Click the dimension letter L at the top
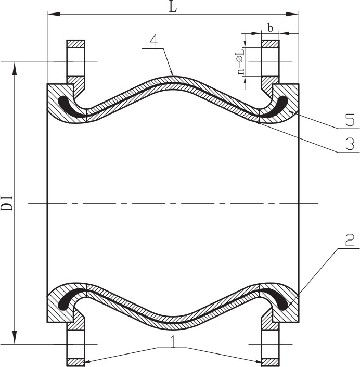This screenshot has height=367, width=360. pyautogui.click(x=173, y=7)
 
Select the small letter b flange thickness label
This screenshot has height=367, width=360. pyautogui.click(x=270, y=28)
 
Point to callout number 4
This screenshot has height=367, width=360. pyautogui.click(x=154, y=41)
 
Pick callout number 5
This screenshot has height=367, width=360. pyautogui.click(x=350, y=121)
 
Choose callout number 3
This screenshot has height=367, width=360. pyautogui.click(x=350, y=144)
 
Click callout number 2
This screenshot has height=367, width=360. pyautogui.click(x=350, y=241)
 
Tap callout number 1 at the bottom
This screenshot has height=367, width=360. pyautogui.click(x=173, y=341)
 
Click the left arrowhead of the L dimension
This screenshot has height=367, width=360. pyautogui.click(x=54, y=14)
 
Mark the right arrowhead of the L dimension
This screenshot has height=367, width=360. pyautogui.click(x=292, y=14)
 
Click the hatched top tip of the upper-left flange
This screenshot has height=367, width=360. pyautogui.click(x=76, y=44)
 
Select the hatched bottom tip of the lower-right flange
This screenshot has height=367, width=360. pyautogui.click(x=270, y=362)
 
